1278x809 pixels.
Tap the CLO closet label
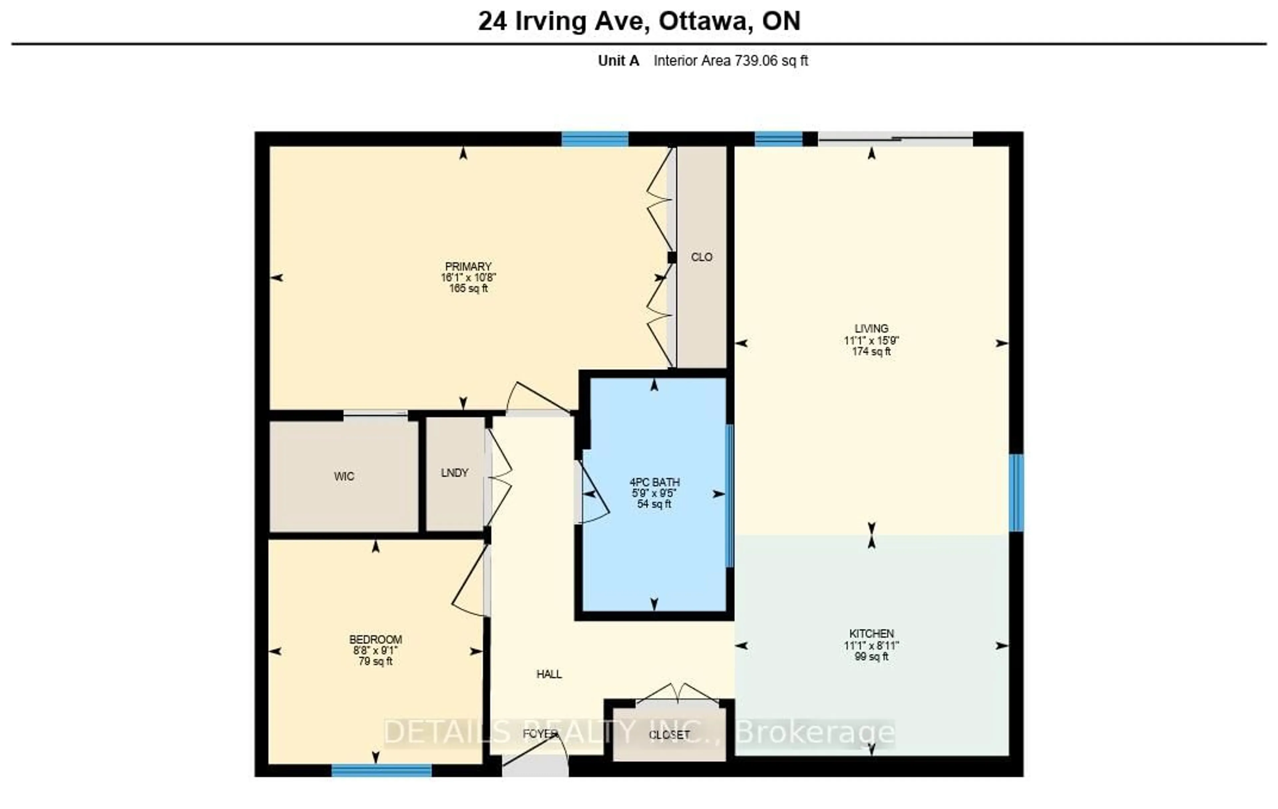point(701,257)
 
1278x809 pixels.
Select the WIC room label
point(344,476)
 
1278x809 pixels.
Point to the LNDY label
point(454,473)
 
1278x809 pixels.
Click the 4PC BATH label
point(654,482)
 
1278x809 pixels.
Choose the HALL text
point(549,674)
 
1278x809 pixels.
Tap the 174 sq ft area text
point(871,352)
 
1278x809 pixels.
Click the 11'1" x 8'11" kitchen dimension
point(871,646)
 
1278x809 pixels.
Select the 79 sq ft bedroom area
point(375,662)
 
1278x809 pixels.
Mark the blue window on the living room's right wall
point(1015,492)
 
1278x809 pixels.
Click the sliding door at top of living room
point(895,139)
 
